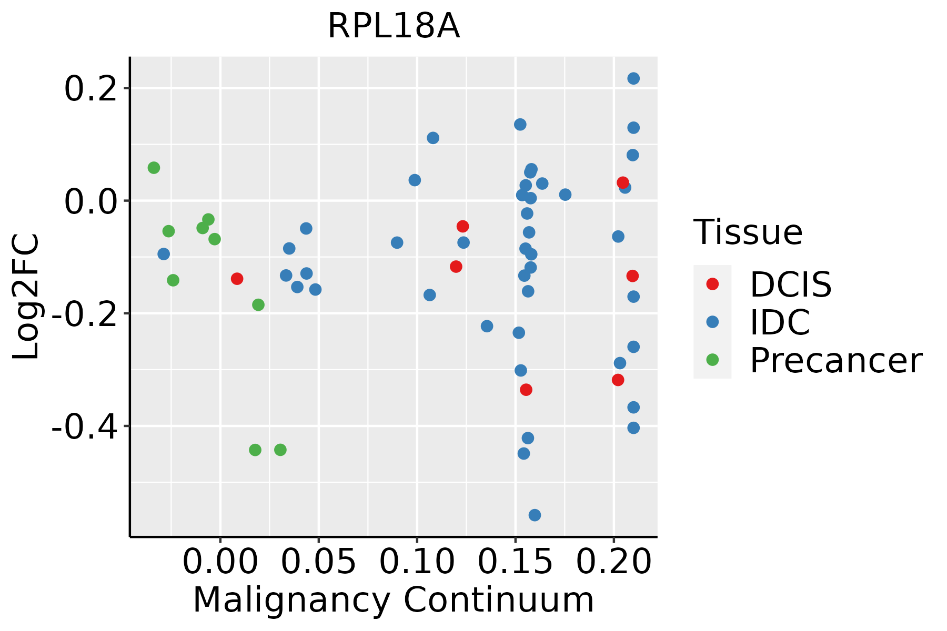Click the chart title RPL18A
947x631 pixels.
[394, 26]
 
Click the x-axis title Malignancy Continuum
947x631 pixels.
[394, 601]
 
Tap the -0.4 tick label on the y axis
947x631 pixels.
[84, 426]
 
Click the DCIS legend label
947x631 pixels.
[790, 284]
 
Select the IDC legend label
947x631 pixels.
[780, 322]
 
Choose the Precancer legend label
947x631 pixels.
[835, 360]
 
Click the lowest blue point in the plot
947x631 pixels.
[535, 515]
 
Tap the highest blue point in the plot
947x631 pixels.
[633, 78]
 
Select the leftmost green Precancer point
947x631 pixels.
[154, 168]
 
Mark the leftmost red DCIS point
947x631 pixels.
[237, 278]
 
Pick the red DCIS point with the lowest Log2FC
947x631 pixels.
[526, 390]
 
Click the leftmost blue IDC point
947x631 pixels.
[164, 254]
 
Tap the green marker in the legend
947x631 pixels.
[712, 360]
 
